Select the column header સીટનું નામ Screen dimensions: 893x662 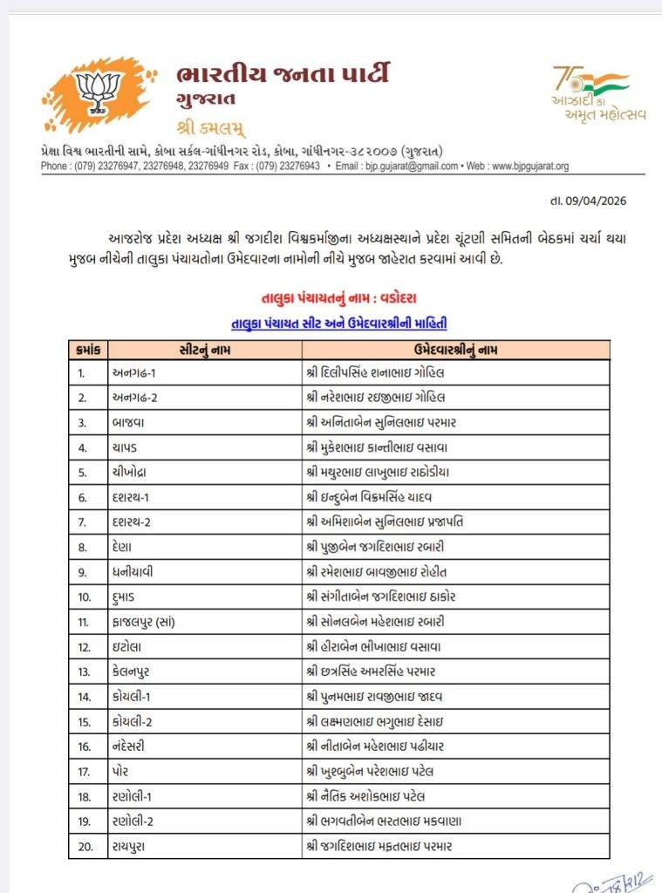(202, 350)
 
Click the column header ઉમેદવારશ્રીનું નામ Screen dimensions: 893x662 (454, 350)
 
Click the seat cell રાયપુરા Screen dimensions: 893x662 (133, 846)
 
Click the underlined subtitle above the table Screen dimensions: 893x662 (338, 323)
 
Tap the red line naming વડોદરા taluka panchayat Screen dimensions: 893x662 (338, 298)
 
